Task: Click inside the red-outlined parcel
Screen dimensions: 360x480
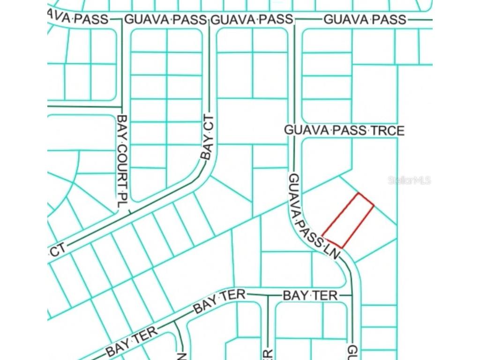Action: click(x=348, y=220)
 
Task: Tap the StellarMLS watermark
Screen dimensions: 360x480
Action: click(x=409, y=180)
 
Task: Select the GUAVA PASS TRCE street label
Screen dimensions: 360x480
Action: click(x=344, y=130)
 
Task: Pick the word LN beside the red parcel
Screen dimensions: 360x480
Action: click(x=332, y=253)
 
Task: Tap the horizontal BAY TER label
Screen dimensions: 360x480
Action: click(x=310, y=295)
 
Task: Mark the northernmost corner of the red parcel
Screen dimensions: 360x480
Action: click(x=359, y=193)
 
